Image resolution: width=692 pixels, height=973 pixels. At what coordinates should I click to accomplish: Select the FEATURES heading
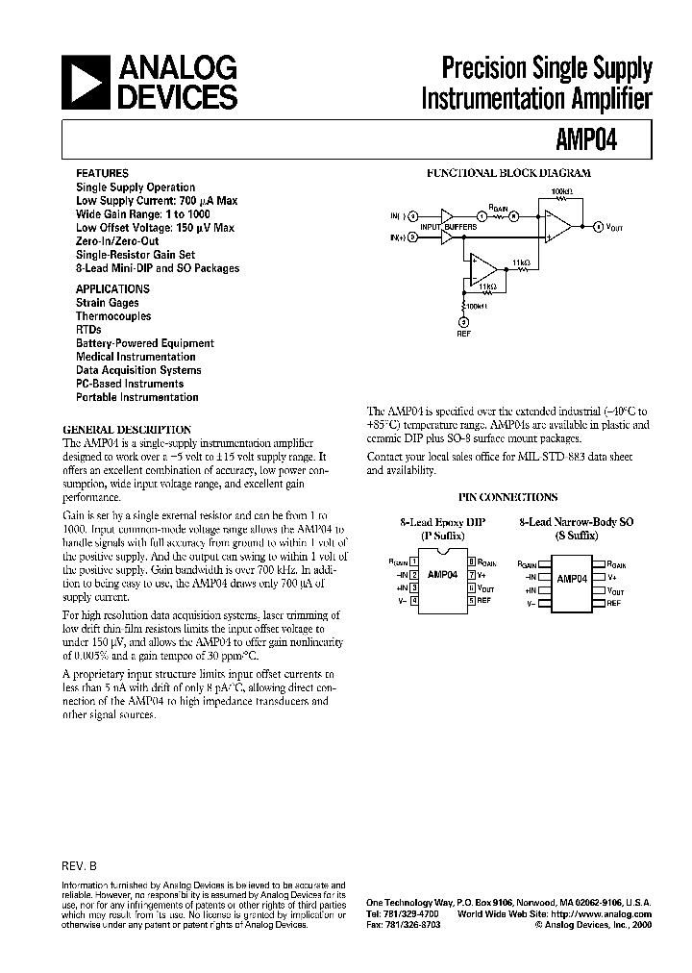pos(101,174)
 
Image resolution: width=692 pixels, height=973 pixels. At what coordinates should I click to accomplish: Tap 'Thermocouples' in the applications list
pos(113,316)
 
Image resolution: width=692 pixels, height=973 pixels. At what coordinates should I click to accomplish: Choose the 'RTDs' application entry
pos(88,330)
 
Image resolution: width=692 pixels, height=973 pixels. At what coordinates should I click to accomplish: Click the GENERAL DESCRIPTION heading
pos(127,430)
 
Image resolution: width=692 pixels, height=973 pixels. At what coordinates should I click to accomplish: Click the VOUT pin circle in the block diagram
pos(599,227)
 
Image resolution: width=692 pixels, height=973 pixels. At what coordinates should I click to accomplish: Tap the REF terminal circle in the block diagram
pos(463,321)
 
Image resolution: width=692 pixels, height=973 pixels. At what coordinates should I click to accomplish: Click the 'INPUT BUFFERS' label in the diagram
pos(450,226)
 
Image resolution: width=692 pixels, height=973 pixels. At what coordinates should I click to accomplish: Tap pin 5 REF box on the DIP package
pos(472,600)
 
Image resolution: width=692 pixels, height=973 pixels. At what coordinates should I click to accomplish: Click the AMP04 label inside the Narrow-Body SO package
pos(571,579)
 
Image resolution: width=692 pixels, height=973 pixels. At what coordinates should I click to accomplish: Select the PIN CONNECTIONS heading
pos(508,497)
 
